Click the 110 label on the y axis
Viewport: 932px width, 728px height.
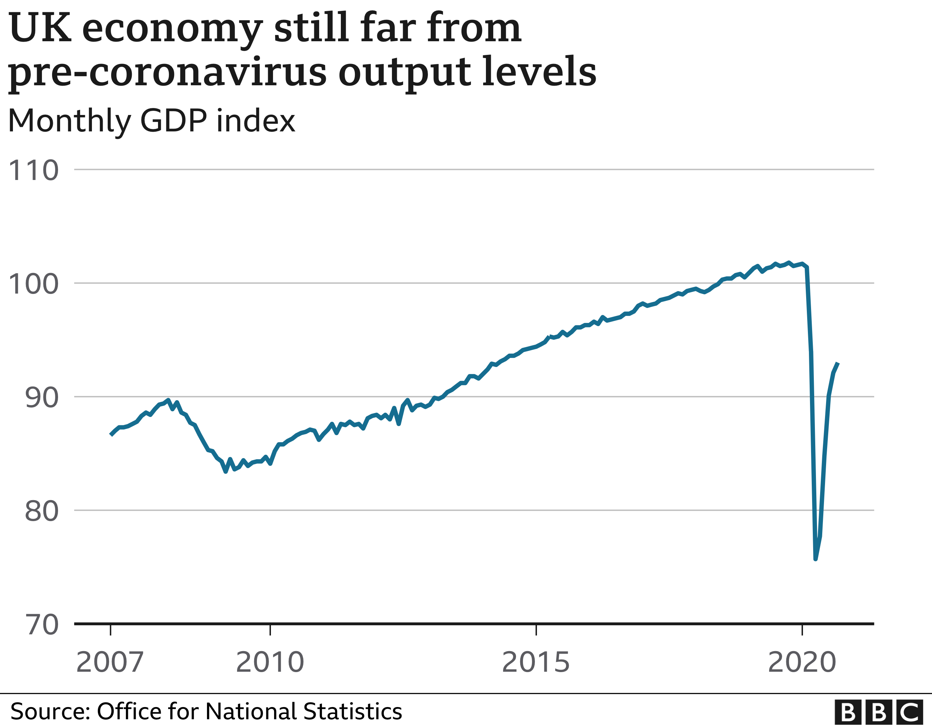(x=33, y=171)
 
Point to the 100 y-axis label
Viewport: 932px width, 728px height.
(x=33, y=284)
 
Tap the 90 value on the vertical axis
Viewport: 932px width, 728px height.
(x=41, y=398)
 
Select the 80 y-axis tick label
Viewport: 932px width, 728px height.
(x=41, y=511)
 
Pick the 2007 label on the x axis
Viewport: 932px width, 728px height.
(x=110, y=663)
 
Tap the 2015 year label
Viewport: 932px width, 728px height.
(x=536, y=663)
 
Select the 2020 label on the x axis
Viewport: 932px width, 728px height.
(x=802, y=663)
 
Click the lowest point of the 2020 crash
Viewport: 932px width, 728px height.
(x=816, y=558)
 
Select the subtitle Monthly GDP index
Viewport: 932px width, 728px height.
(x=151, y=121)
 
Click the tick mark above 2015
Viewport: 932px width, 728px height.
(x=536, y=630)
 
